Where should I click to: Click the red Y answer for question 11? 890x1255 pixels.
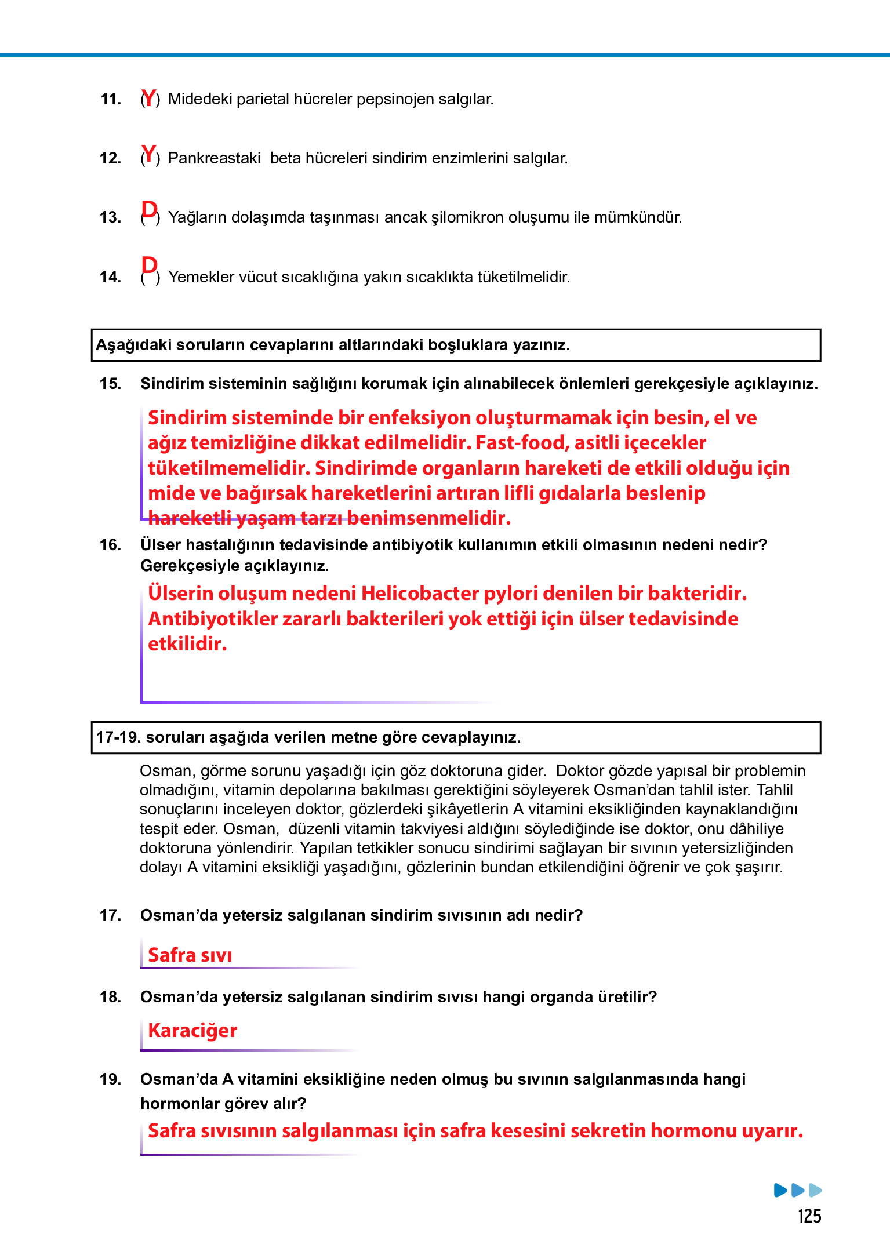pyautogui.click(x=149, y=98)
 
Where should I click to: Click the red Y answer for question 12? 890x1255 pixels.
pyautogui.click(x=149, y=155)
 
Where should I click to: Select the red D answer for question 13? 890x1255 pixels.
pyautogui.click(x=149, y=210)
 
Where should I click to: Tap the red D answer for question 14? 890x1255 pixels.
pyautogui.click(x=149, y=265)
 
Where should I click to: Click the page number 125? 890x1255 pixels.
pyautogui.click(x=809, y=1216)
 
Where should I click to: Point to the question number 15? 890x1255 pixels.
pyautogui.click(x=110, y=384)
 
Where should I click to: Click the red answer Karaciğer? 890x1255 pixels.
pyautogui.click(x=192, y=1031)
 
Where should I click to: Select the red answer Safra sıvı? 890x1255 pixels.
pyautogui.click(x=190, y=955)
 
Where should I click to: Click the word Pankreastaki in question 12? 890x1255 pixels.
pyautogui.click(x=214, y=158)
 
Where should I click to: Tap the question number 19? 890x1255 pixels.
pyautogui.click(x=110, y=1079)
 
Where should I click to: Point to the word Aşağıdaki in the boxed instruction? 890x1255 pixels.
pyautogui.click(x=133, y=345)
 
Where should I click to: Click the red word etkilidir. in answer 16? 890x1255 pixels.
pyautogui.click(x=187, y=644)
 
